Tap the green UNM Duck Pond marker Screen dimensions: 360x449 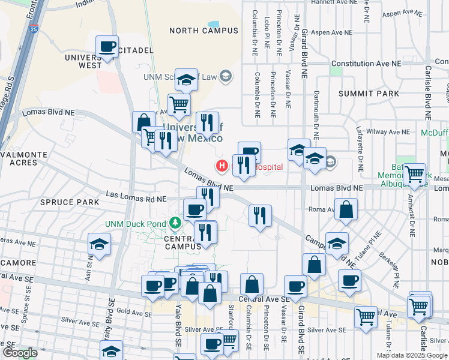[175, 224]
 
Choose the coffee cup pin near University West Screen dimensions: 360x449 [107, 47]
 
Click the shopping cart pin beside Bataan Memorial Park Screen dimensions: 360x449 [414, 174]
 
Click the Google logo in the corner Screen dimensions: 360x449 [20, 353]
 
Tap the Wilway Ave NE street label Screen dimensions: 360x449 [390, 131]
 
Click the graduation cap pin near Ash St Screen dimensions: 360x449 [99, 244]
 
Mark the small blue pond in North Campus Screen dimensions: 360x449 [214, 26]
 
